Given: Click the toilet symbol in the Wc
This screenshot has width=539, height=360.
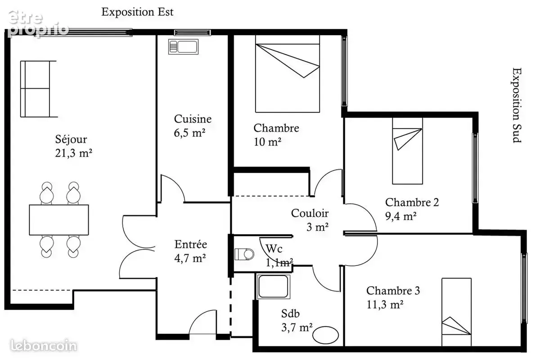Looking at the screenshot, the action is pyautogui.click(x=244, y=254).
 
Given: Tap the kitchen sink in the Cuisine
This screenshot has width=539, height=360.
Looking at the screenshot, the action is pyautogui.click(x=183, y=47).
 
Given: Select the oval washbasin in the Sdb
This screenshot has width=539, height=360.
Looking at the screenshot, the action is pyautogui.click(x=326, y=335).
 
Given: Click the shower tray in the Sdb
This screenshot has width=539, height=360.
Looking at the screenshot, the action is pyautogui.click(x=273, y=286).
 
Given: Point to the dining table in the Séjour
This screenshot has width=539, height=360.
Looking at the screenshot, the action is pyautogui.click(x=59, y=220).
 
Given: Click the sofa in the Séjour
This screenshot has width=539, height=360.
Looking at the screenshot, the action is pyautogui.click(x=38, y=89).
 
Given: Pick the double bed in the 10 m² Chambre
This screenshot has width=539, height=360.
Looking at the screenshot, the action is pyautogui.click(x=287, y=74).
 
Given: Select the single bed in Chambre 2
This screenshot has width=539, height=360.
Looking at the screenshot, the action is pyautogui.click(x=407, y=151).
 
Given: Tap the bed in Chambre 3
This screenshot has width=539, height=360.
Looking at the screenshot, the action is pyautogui.click(x=456, y=312).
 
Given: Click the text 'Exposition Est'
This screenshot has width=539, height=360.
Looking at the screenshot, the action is pyautogui.click(x=137, y=12).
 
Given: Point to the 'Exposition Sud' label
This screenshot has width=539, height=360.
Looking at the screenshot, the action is pyautogui.click(x=517, y=105).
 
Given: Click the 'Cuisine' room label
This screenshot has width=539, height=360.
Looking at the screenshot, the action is pyautogui.click(x=193, y=119).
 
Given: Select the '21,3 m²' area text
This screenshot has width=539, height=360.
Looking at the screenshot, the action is pyautogui.click(x=74, y=153).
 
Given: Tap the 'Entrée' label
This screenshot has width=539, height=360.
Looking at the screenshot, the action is pyautogui.click(x=190, y=244).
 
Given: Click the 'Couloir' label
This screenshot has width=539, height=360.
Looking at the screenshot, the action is pyautogui.click(x=310, y=213).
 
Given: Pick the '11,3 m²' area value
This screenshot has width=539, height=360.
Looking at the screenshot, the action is pyautogui.click(x=385, y=305).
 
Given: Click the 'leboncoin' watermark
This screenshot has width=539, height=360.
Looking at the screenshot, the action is pyautogui.click(x=43, y=346).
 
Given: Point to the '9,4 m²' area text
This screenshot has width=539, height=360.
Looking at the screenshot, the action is pyautogui.click(x=401, y=216).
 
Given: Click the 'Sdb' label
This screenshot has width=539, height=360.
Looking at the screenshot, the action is pyautogui.click(x=290, y=314).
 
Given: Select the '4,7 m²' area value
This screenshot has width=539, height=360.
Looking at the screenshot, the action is pyautogui.click(x=190, y=258).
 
